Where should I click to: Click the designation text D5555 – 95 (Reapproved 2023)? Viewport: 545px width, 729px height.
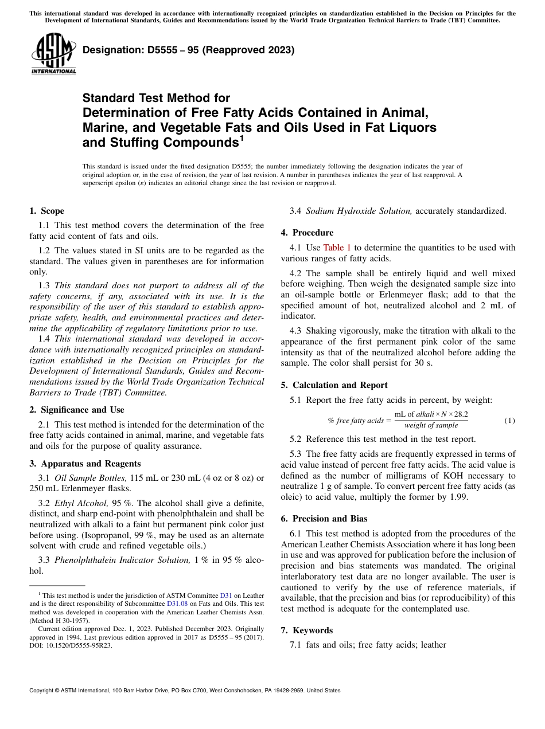189,50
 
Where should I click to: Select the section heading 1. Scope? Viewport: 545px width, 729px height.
47,211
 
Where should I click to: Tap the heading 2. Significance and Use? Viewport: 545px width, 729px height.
77,410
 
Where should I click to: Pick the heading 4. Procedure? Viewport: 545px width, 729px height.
307,233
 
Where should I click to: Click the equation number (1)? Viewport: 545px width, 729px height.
509,421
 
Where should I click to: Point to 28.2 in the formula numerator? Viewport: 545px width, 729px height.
461,414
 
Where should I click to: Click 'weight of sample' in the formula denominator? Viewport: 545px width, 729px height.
431,426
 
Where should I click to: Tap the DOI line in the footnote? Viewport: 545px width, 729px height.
71,645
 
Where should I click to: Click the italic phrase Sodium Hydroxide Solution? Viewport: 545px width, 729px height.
359,211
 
